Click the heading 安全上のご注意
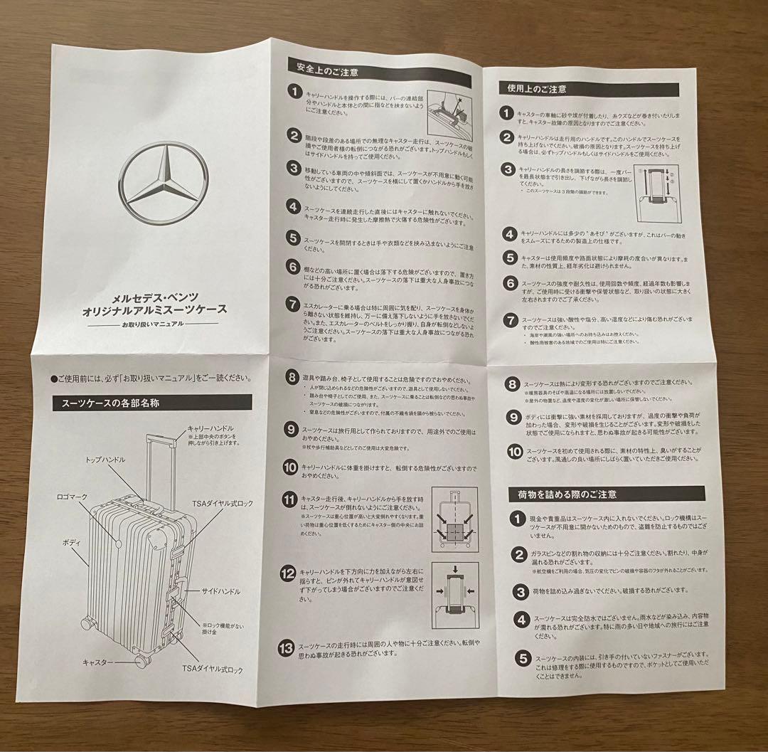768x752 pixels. [328, 70]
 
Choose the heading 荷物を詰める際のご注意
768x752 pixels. [562, 493]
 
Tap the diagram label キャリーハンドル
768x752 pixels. [210, 428]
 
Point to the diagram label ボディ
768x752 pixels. [70, 542]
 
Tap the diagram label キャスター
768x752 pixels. [97, 662]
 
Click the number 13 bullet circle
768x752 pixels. [287, 647]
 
